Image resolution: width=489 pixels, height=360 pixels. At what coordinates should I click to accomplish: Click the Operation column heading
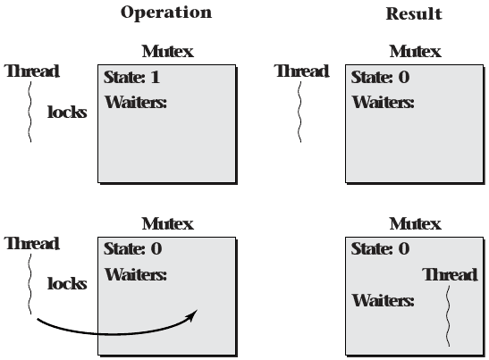(166, 13)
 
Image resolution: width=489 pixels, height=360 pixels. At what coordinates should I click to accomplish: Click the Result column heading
(413, 14)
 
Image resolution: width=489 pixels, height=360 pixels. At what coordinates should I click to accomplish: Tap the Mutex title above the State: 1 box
(167, 52)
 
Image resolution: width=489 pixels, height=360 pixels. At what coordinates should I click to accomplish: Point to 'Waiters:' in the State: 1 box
(135, 102)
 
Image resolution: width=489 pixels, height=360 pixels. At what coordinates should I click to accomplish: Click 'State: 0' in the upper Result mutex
(380, 77)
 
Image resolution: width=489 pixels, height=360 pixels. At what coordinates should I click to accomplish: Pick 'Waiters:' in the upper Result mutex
(383, 102)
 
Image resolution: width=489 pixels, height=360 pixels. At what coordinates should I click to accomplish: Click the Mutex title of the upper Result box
(414, 52)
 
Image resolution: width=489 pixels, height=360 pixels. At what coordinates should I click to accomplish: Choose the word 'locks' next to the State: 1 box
(67, 113)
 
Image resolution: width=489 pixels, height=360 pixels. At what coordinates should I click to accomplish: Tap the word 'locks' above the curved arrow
(67, 284)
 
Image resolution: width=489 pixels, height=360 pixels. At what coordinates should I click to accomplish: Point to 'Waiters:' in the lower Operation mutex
(135, 273)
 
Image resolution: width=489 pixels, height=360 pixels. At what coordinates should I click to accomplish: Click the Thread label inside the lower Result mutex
(449, 274)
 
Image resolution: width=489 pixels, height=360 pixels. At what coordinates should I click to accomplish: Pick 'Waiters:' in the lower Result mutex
(383, 301)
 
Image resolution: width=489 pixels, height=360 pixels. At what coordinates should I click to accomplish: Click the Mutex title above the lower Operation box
(167, 223)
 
